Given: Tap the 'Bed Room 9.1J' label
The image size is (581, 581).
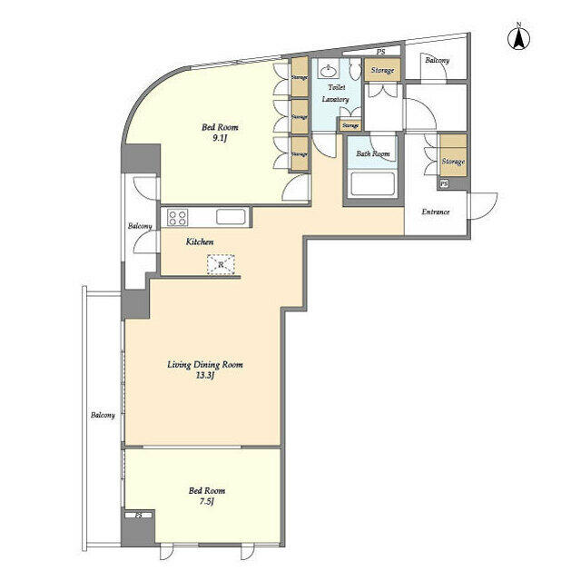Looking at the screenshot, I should [x=219, y=133].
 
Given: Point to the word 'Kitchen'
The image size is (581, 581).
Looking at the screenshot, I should [x=200, y=242].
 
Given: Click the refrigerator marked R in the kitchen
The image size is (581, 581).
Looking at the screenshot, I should [x=221, y=264].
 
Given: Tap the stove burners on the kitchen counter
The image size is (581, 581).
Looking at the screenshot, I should [x=177, y=217].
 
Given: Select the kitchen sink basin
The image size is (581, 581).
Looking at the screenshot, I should [x=230, y=217].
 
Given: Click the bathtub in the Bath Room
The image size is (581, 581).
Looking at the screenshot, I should [x=372, y=187].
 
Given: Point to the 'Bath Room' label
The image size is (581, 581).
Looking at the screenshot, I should [x=372, y=154].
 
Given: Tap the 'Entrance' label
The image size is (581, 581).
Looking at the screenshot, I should [x=436, y=212].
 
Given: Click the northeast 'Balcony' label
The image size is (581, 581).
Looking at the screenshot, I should [x=438, y=60].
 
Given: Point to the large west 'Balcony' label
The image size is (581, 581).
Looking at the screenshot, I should [x=103, y=416].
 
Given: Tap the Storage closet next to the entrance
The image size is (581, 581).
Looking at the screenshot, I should [x=452, y=161].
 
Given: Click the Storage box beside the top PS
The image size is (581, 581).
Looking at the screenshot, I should [x=382, y=71].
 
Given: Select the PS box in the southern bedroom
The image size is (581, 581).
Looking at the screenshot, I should [x=138, y=516].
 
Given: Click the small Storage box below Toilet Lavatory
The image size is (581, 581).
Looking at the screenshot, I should [x=350, y=125].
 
